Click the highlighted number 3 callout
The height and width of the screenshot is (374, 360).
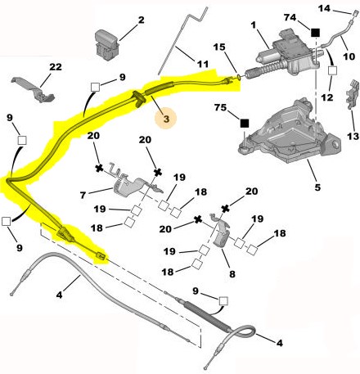(x=166, y=119)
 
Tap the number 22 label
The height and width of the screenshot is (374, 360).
(x=56, y=66)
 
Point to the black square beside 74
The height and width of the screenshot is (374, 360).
(x=315, y=33)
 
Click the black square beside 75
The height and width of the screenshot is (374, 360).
(x=245, y=124)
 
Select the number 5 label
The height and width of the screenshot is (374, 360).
(x=317, y=187)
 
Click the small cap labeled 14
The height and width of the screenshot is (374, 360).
(x=355, y=13)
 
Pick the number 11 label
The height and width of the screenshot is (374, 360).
(x=203, y=64)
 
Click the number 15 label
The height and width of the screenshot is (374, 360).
(x=219, y=47)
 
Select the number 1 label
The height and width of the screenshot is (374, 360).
(x=254, y=25)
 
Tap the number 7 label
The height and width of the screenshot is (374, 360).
(x=83, y=195)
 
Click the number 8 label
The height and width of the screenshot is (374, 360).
(x=232, y=274)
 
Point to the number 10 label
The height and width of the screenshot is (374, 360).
(x=349, y=56)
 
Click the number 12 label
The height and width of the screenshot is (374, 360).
(x=327, y=97)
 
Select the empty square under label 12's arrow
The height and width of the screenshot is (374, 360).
(x=332, y=70)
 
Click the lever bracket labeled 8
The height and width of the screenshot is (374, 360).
(x=220, y=232)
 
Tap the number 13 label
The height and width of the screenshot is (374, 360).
(x=353, y=136)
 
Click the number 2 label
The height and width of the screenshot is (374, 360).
(x=141, y=20)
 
